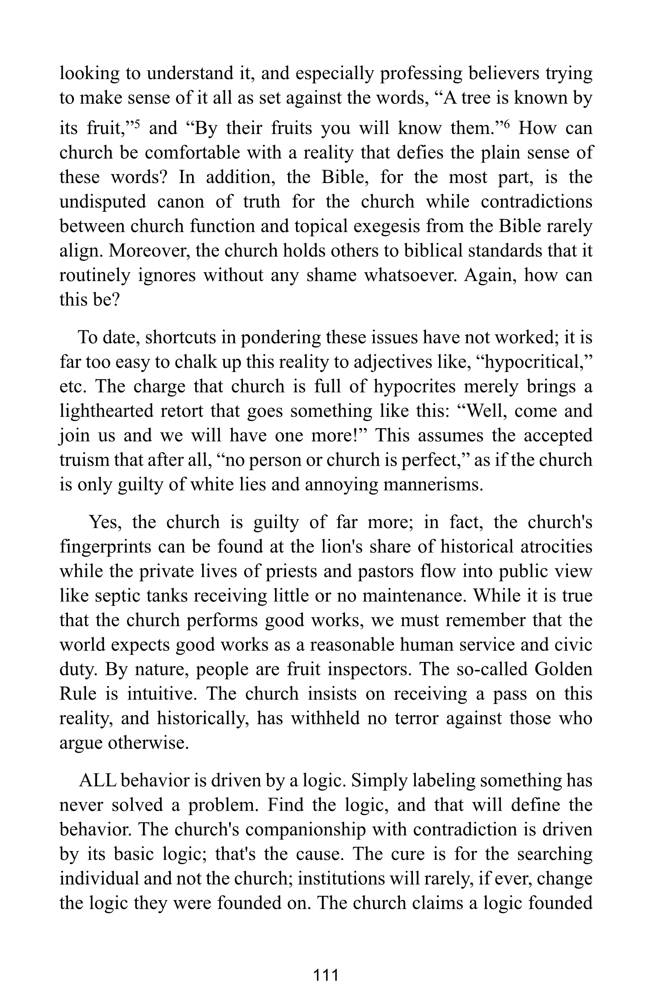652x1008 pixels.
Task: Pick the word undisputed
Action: [x=102, y=202]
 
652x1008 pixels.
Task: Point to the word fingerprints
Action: [x=106, y=547]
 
